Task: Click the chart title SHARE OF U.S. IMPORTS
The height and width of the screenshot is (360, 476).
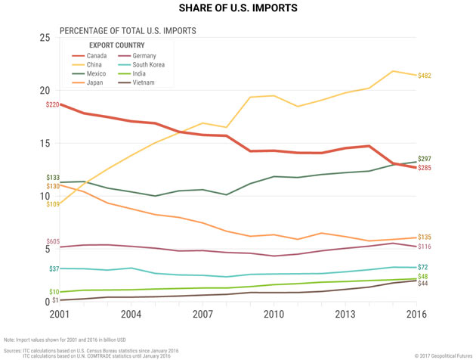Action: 238,9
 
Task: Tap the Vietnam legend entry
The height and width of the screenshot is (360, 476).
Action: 144,82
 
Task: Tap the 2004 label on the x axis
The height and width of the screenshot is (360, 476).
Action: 131,313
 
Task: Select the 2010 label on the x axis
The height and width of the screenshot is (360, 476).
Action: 273,313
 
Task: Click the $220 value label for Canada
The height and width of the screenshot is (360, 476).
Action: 52,104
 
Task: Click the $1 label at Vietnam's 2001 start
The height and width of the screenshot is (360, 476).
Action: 55,300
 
